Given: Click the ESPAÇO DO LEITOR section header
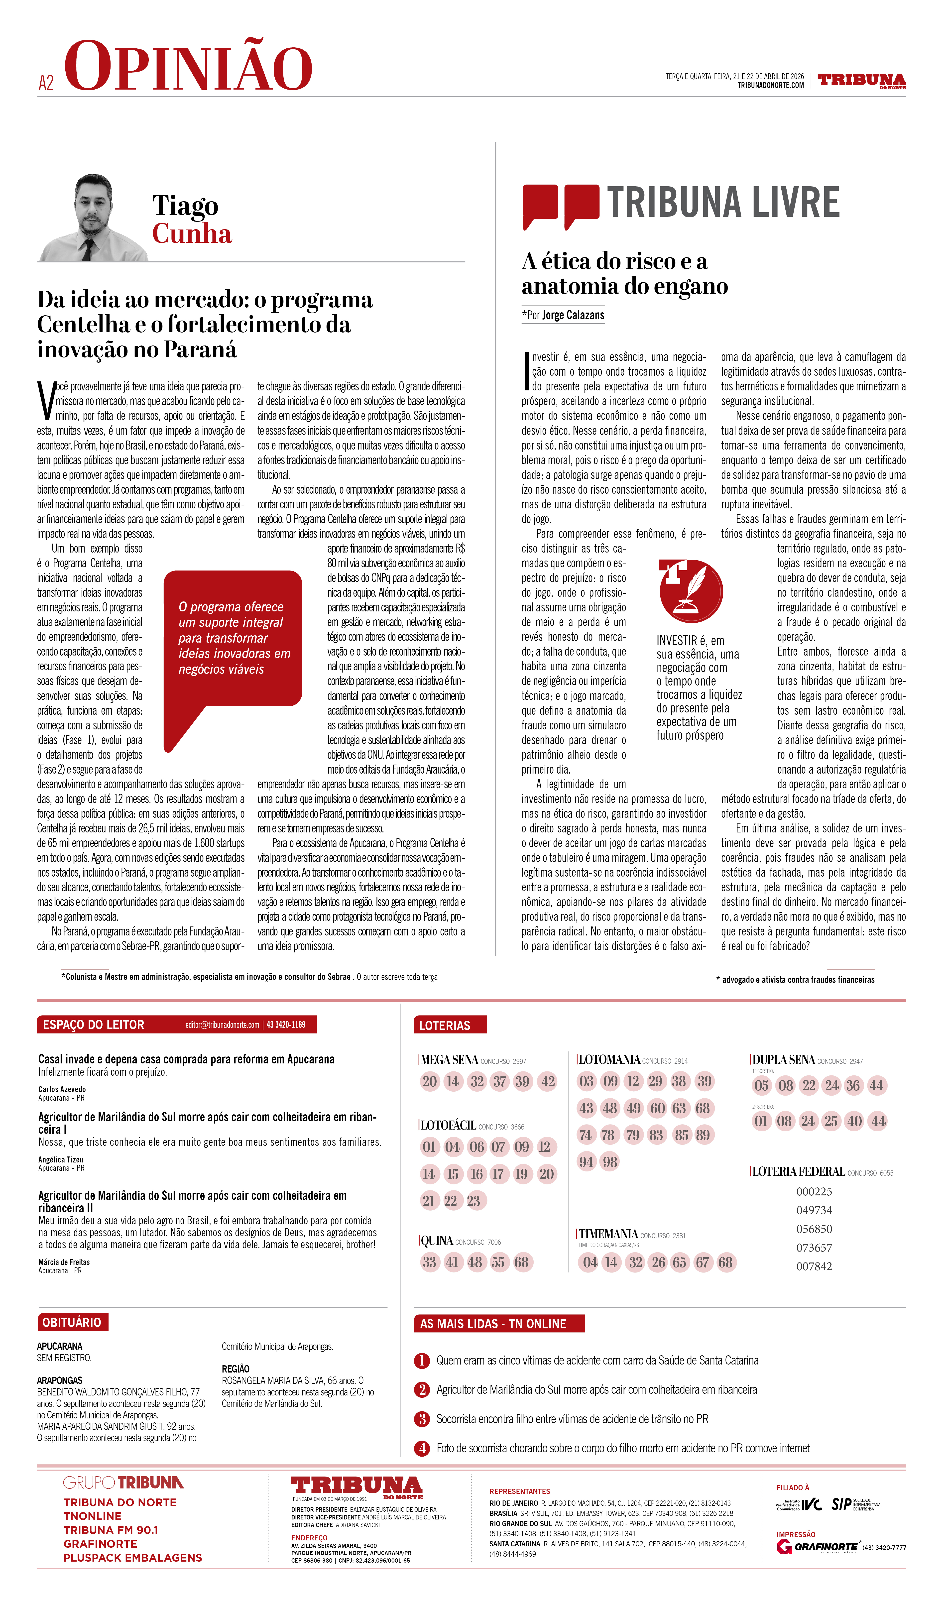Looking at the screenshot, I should (x=94, y=1025).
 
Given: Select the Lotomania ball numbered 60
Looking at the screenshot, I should (x=657, y=1108).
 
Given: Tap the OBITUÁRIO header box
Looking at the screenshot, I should (x=72, y=1322).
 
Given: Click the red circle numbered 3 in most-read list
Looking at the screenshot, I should (x=422, y=1419).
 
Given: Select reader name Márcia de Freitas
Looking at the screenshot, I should (x=64, y=1262).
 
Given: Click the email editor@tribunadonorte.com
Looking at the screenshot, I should (x=222, y=1025).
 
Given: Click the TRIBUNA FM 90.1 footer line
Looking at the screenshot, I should (x=111, y=1529).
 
